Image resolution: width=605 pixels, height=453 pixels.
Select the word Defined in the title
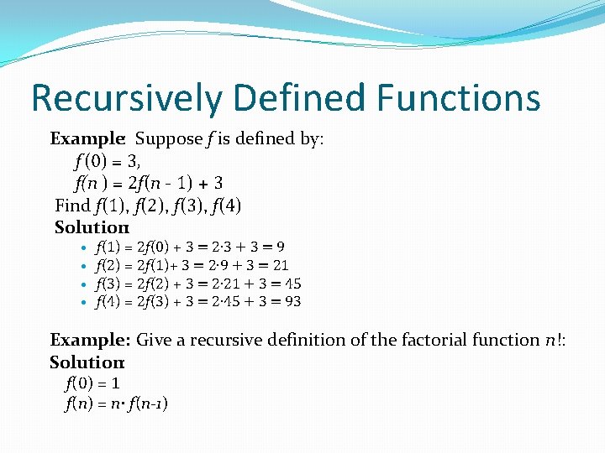[297, 97]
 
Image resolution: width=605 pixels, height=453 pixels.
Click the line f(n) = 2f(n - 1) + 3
[148, 182]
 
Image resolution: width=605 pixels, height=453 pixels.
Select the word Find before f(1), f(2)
[72, 205]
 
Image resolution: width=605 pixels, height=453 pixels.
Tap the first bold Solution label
[90, 227]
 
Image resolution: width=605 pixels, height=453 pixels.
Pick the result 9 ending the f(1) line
[279, 247]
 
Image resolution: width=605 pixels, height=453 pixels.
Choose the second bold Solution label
[87, 362]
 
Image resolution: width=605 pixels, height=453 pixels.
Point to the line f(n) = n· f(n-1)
[116, 404]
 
